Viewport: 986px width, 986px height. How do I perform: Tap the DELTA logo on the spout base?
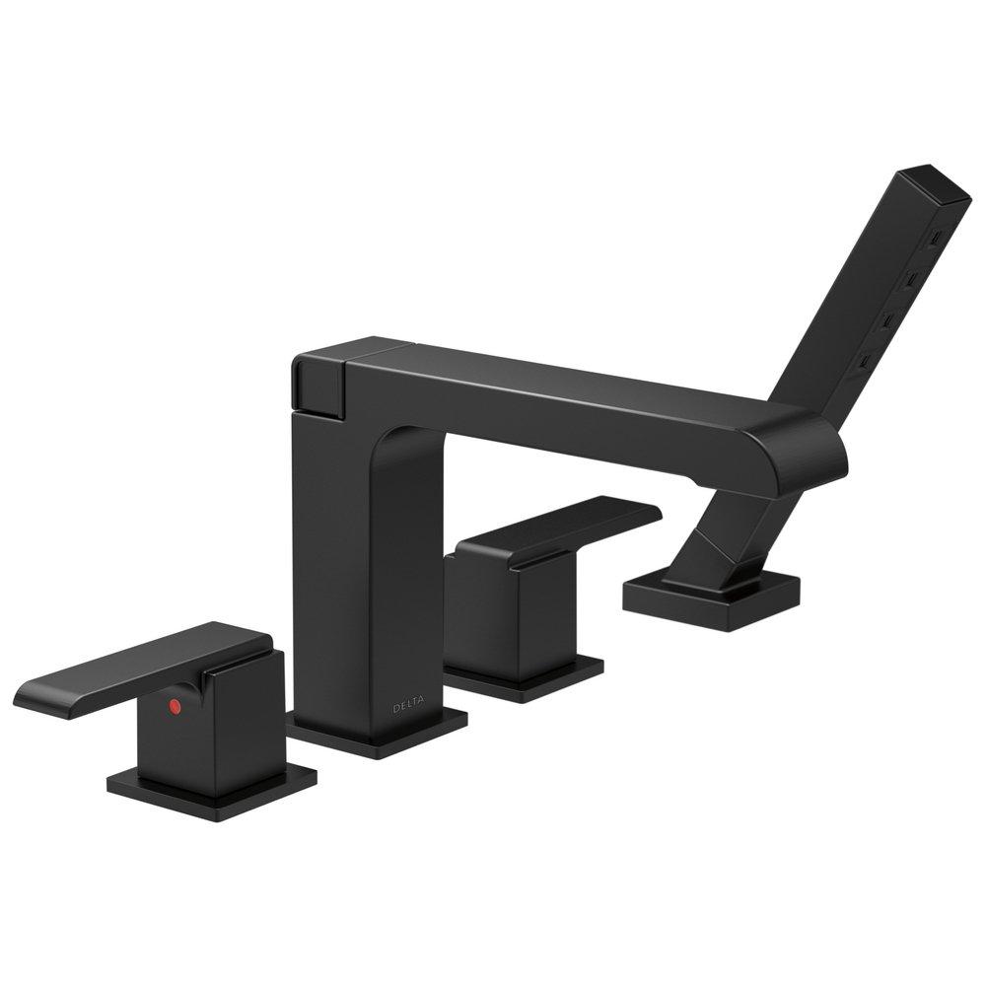pyautogui.click(x=409, y=706)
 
